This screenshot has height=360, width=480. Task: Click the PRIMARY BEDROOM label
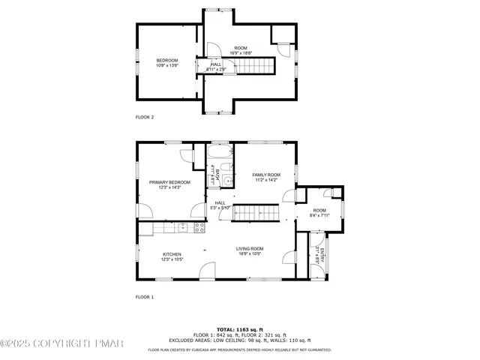tap(169, 182)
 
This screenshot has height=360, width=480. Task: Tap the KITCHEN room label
tap(172, 254)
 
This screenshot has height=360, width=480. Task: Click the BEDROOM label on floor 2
tap(166, 60)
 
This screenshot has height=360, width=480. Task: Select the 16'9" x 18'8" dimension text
tap(241, 52)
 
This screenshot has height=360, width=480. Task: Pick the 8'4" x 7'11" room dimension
tap(319, 216)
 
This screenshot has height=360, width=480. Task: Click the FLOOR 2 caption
tap(144, 117)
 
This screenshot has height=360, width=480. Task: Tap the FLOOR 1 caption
tap(144, 298)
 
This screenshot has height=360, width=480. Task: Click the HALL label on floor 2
tap(216, 64)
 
